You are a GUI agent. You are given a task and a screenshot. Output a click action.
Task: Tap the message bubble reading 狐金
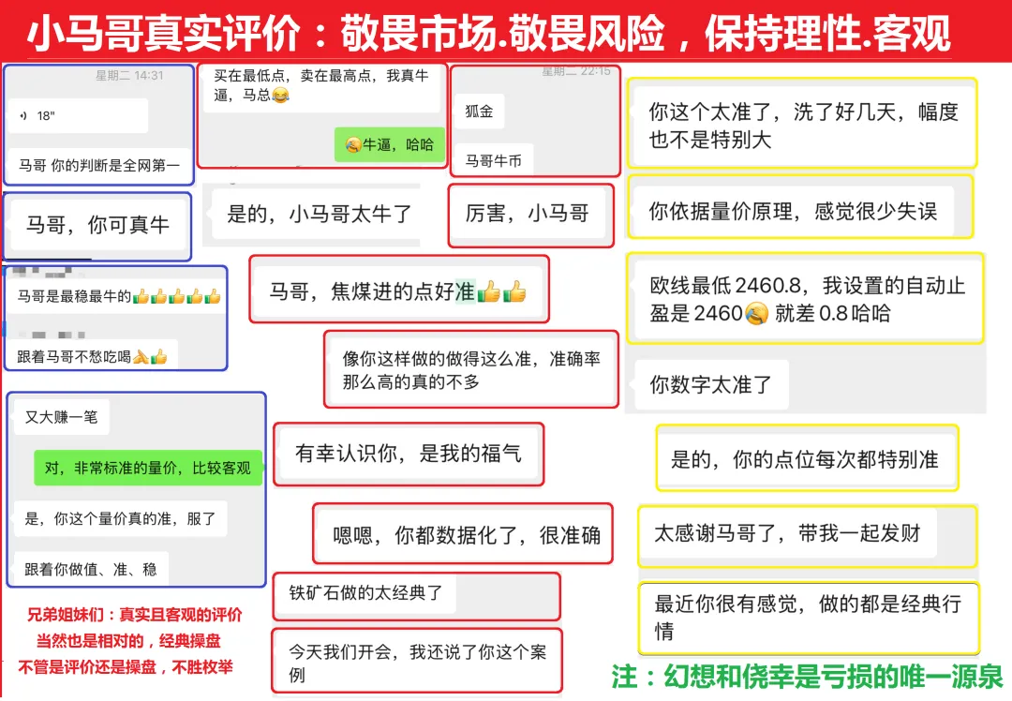[x=480, y=111]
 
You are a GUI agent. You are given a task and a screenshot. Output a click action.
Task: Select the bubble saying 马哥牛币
[x=494, y=160]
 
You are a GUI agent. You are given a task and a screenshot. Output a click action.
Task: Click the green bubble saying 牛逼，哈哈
[x=390, y=144]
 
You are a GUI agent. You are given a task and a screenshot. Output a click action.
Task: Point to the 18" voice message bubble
[x=81, y=115]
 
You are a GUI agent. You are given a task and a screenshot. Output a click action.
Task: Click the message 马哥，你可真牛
[x=97, y=225]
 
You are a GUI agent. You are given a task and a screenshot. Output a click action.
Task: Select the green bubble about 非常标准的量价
[x=148, y=468]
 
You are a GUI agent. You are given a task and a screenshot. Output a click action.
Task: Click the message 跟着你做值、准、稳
[x=91, y=568]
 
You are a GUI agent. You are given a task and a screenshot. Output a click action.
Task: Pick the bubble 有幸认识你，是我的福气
[x=409, y=454]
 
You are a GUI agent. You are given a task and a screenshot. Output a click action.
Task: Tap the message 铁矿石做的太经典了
[x=365, y=592]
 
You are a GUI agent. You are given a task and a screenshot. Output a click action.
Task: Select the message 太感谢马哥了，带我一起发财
[x=787, y=534]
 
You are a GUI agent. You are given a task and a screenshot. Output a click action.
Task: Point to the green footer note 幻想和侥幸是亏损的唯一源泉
[x=807, y=676]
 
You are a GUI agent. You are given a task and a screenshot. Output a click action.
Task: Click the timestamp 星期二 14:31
[x=128, y=76]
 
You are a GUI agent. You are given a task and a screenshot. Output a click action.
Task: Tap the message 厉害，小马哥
[x=527, y=214]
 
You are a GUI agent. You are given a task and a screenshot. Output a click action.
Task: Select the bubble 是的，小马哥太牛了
[x=320, y=214]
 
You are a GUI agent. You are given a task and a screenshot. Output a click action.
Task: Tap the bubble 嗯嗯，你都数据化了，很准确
[x=467, y=536]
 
